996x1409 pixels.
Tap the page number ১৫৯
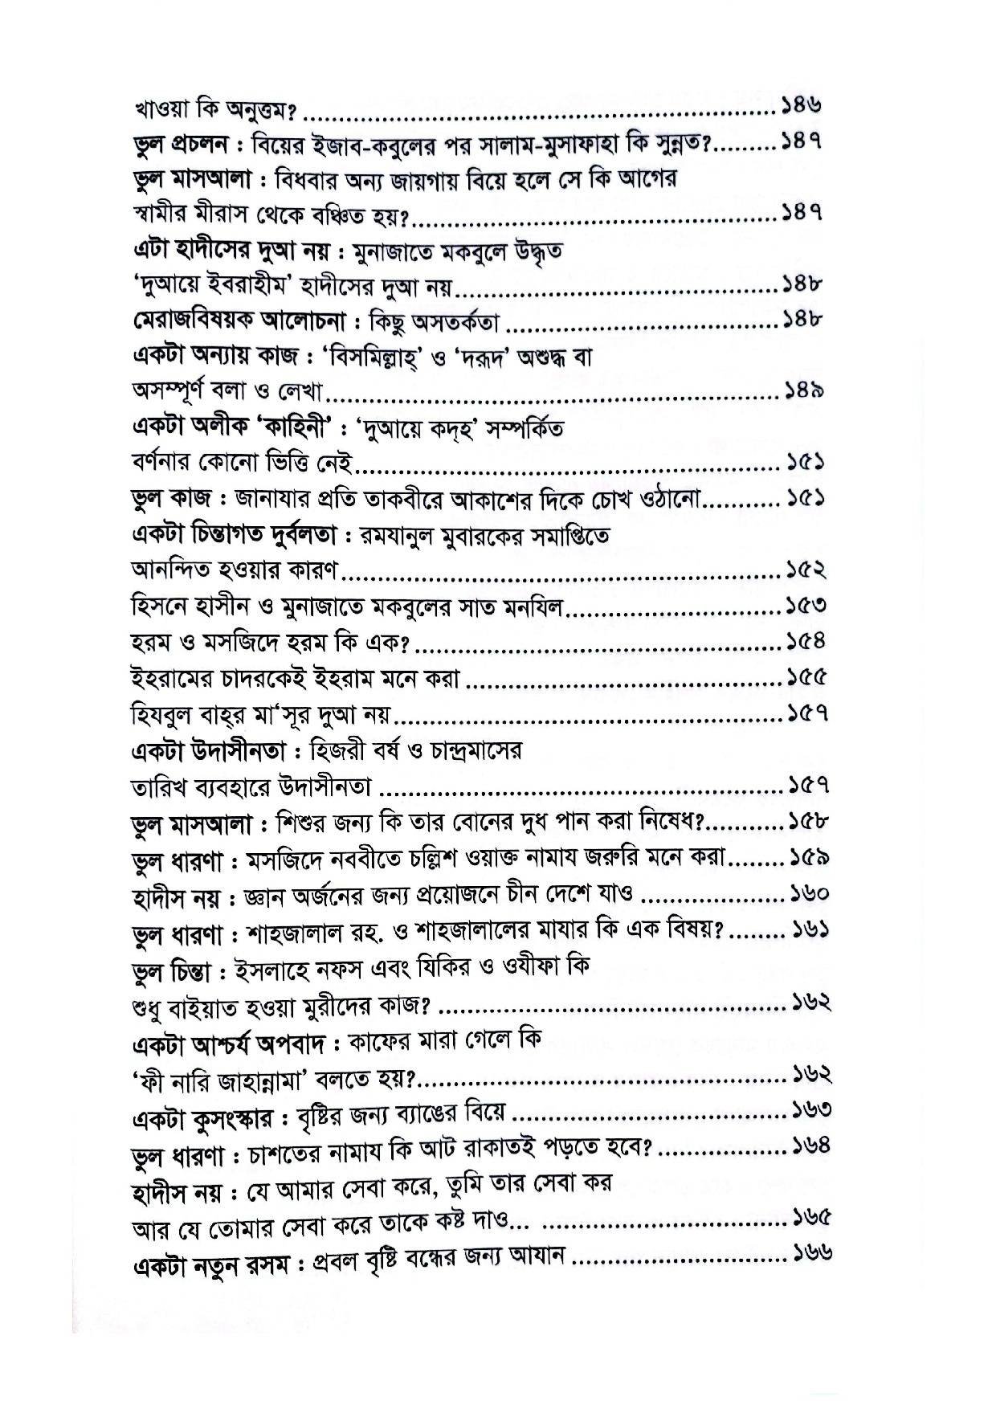point(808,858)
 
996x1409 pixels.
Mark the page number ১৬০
point(808,893)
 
